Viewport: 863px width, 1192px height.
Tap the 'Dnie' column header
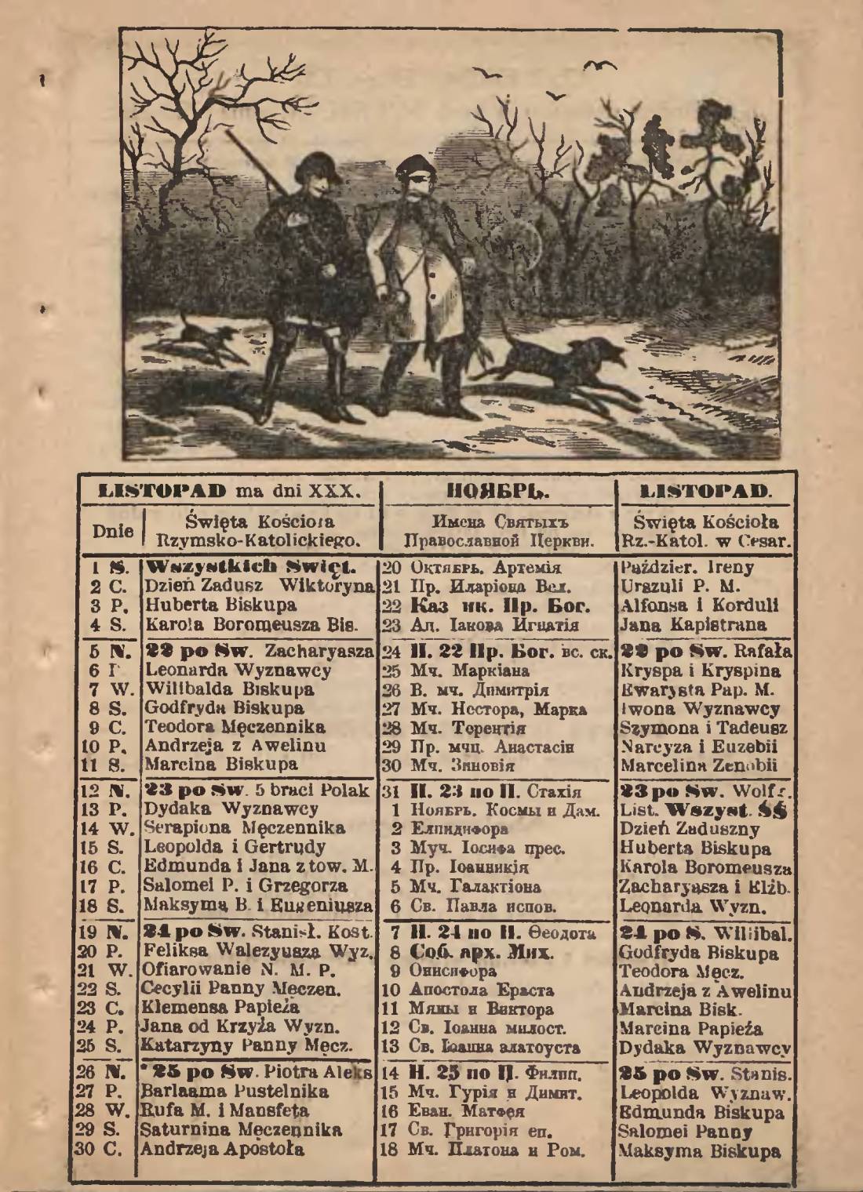(112, 530)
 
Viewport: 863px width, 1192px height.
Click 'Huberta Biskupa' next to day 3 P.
(220, 605)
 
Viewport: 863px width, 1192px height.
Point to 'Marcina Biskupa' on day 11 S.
(221, 764)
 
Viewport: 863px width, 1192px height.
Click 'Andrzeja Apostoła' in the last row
(222, 1150)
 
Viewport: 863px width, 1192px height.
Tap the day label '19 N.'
(103, 932)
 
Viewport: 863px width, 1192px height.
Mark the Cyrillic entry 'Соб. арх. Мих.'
(482, 953)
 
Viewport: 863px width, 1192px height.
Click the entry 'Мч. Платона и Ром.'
(496, 1150)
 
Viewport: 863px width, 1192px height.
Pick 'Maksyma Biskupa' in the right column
(700, 1151)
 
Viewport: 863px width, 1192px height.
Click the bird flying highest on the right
(599, 66)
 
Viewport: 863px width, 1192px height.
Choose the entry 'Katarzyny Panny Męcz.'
(246, 1045)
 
